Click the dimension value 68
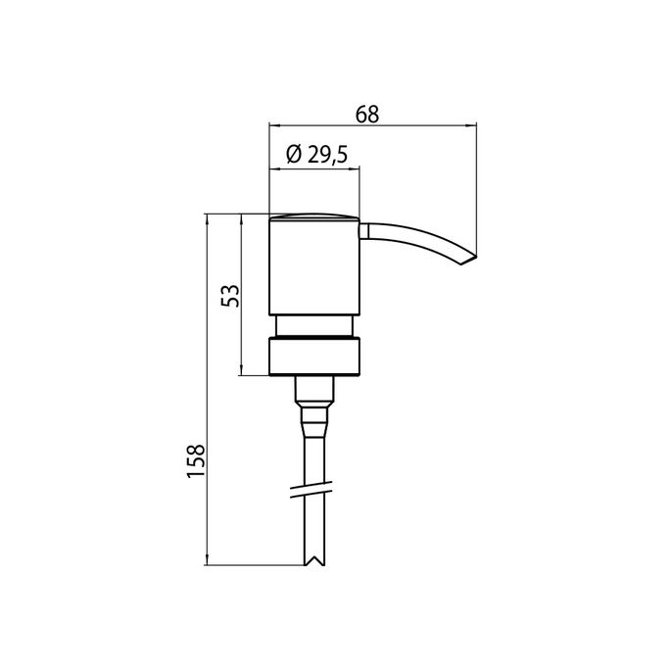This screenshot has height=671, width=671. (367, 114)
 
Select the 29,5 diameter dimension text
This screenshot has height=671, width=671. (326, 155)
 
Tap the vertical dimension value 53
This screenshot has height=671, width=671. (229, 296)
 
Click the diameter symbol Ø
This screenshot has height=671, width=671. (292, 155)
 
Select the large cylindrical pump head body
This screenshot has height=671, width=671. (314, 267)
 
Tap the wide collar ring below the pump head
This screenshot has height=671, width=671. (314, 357)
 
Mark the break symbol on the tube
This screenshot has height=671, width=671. (314, 488)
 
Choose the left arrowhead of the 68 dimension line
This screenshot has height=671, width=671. (274, 126)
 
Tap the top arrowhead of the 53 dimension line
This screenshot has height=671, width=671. (241, 217)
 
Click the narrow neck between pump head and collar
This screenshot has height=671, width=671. (314, 326)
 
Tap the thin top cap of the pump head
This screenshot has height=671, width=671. (314, 216)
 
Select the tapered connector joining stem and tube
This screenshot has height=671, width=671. (314, 420)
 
